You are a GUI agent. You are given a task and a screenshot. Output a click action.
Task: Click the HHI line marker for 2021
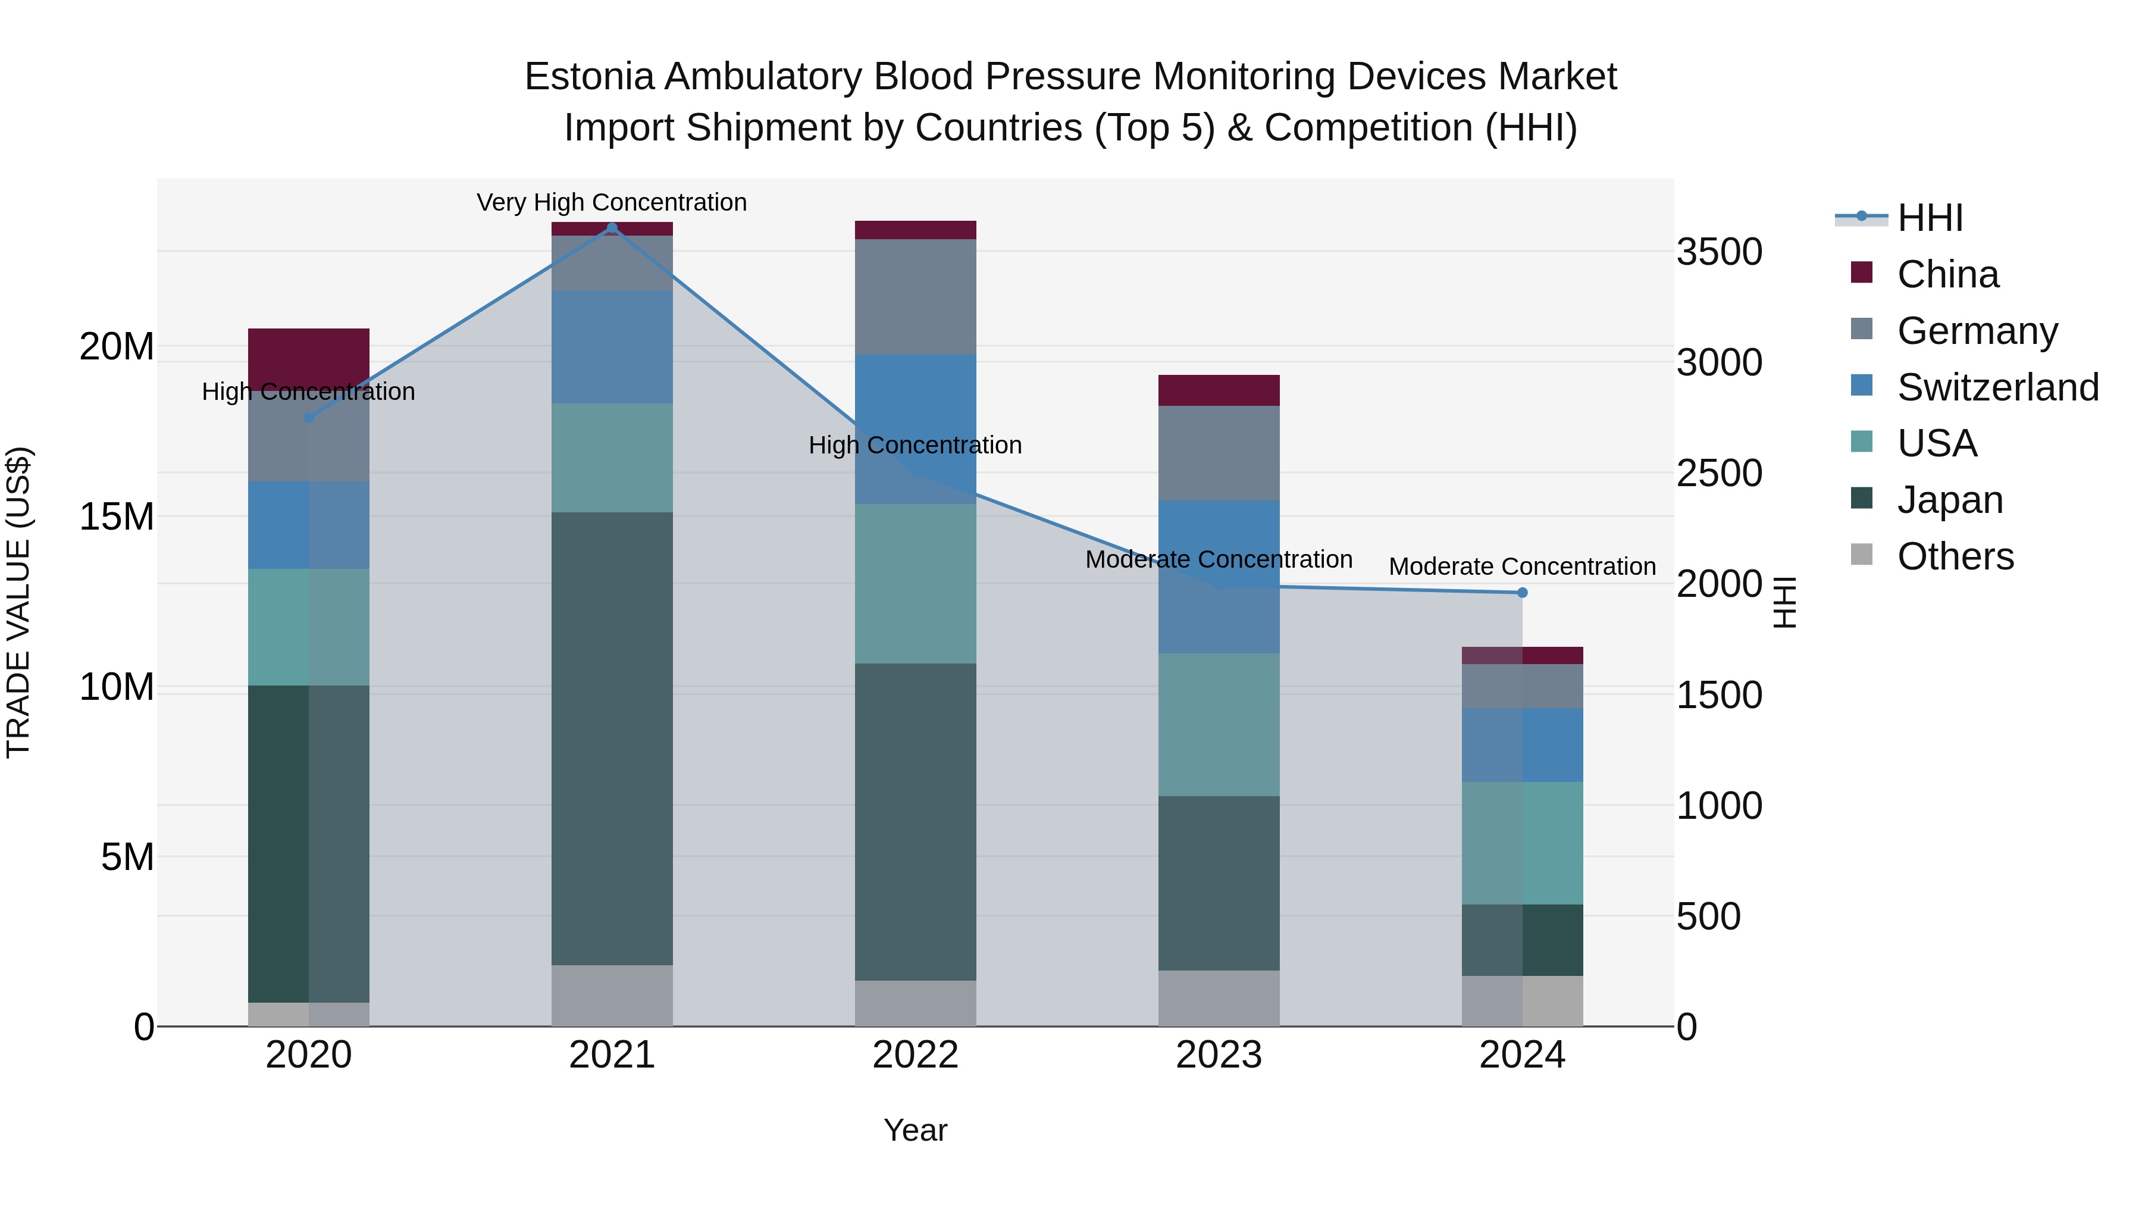[612, 228]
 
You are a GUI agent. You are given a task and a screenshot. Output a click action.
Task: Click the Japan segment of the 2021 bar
[612, 738]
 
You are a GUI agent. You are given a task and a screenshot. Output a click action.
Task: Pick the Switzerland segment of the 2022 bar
[916, 428]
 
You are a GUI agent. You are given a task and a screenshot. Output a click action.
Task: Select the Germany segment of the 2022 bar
[916, 297]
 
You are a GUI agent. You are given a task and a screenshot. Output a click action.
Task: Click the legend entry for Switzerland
[1997, 387]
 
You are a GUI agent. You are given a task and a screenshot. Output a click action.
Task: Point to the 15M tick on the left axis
[117, 517]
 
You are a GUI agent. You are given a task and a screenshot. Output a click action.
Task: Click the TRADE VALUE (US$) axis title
[18, 602]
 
